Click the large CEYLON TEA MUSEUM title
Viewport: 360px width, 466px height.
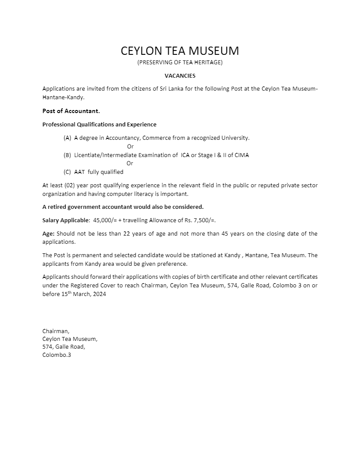(180, 50)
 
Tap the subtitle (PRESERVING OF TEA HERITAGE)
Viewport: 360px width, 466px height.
(180, 63)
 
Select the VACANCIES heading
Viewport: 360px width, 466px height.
(180, 76)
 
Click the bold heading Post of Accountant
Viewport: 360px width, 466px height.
(71, 111)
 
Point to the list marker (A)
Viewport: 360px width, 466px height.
(67, 138)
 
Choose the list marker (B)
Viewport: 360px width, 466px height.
(67, 155)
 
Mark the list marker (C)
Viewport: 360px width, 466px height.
(67, 172)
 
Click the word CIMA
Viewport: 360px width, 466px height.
(242, 155)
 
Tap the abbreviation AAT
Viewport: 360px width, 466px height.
(79, 172)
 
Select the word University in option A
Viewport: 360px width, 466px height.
(235, 138)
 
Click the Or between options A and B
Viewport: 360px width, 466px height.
(130, 146)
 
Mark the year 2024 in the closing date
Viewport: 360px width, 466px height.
(99, 294)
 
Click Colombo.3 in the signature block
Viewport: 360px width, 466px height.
(56, 355)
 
